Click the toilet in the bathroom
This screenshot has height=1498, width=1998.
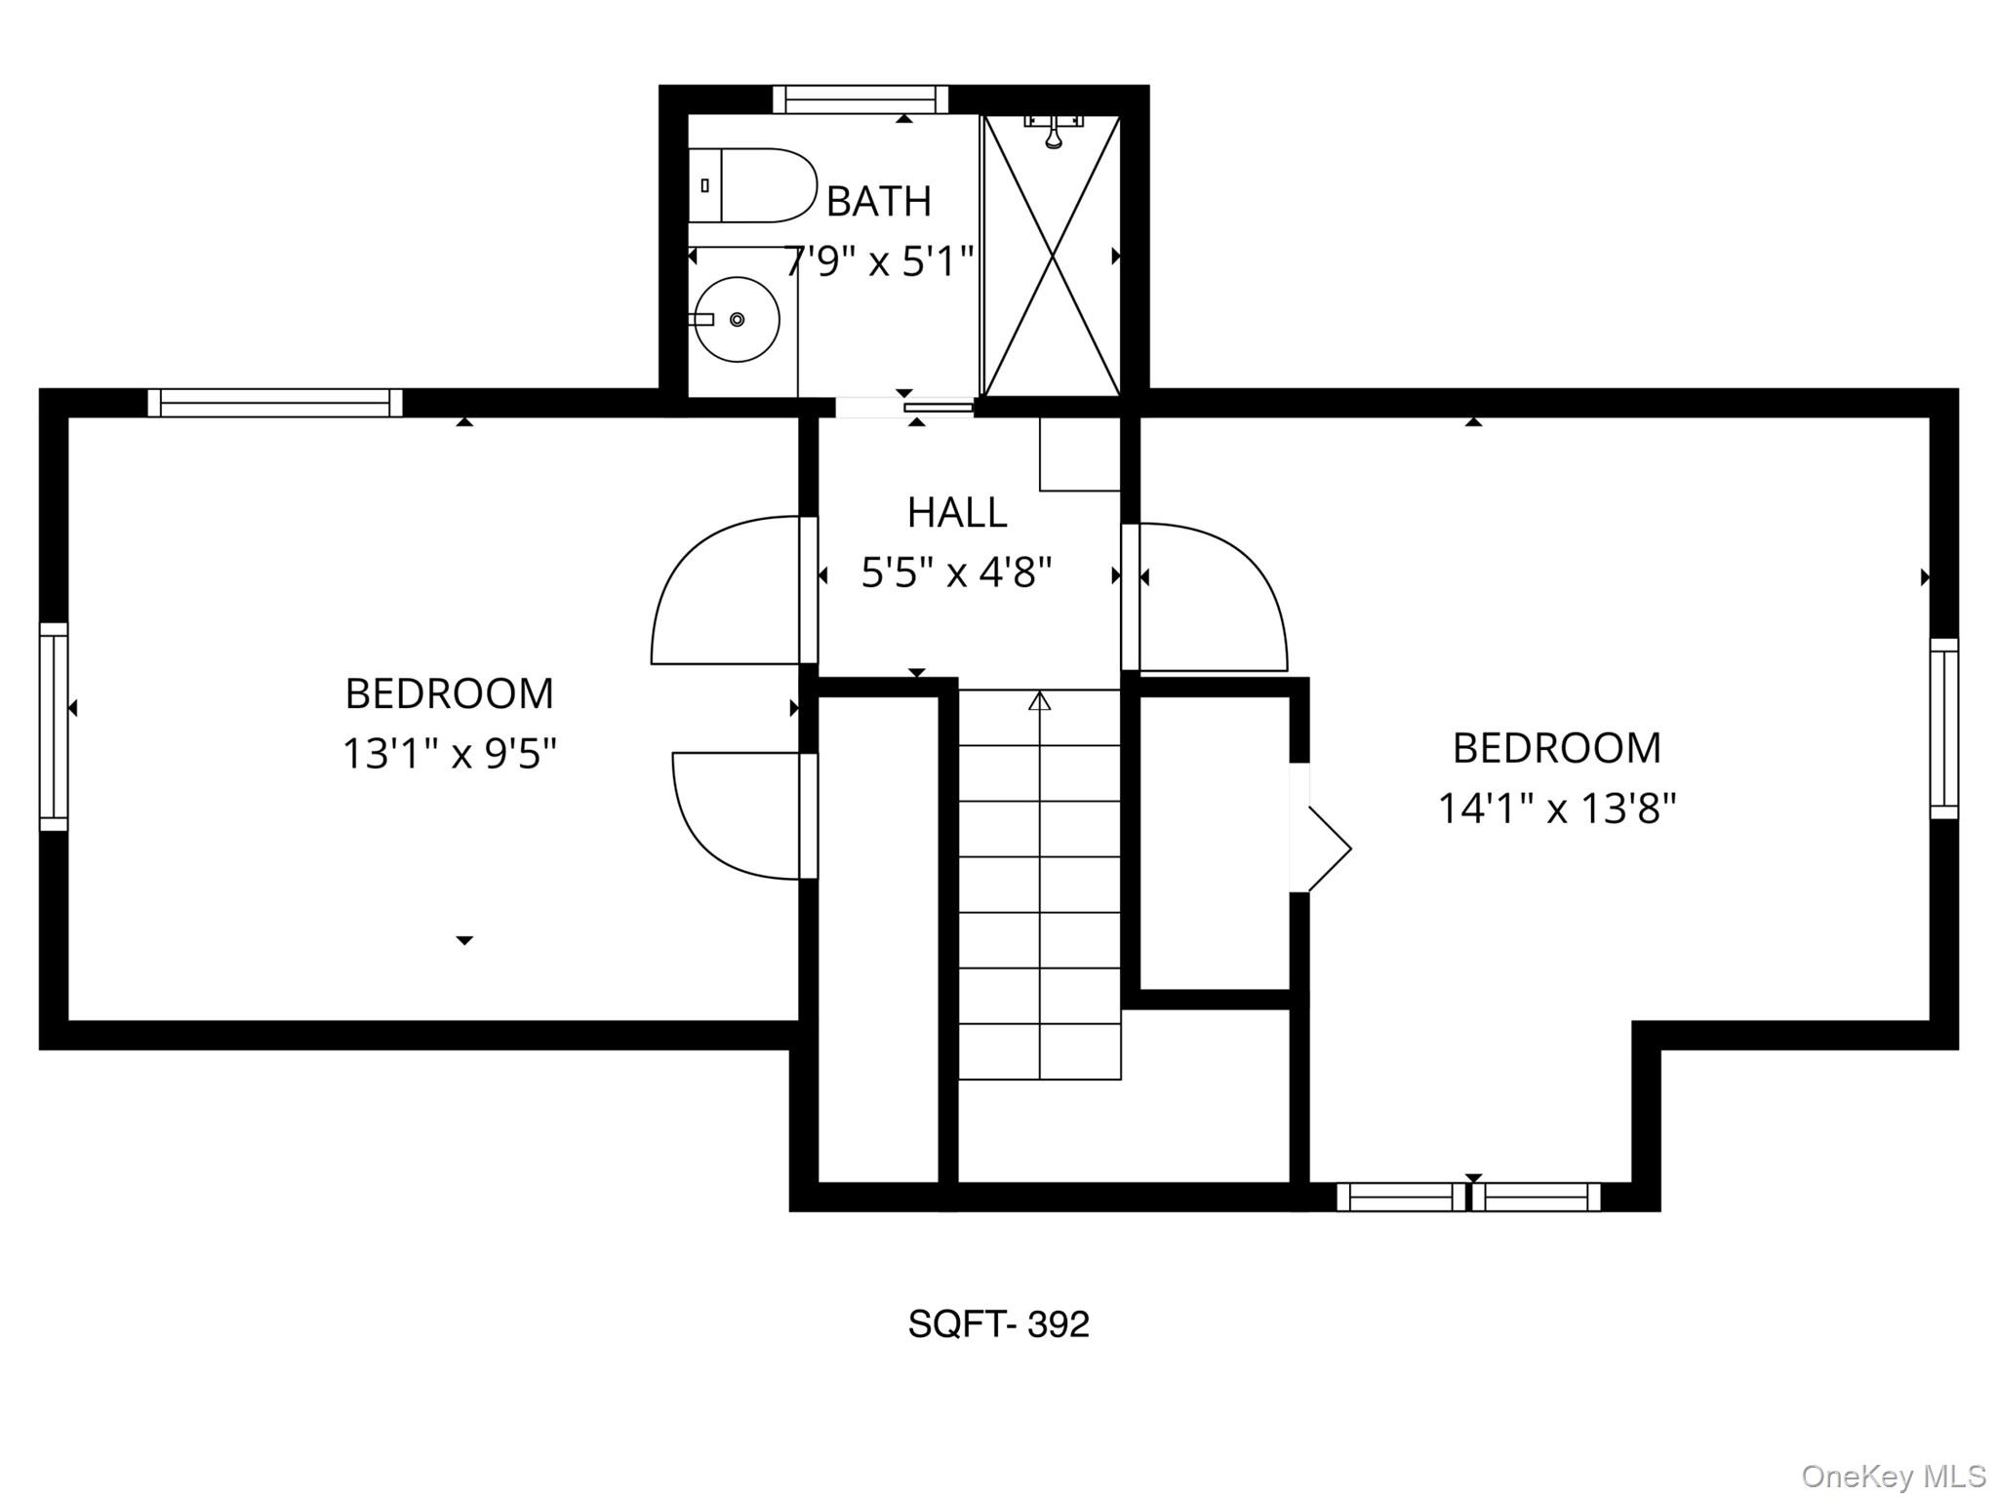point(752,185)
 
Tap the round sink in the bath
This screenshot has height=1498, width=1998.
point(737,319)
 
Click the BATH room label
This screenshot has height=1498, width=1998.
point(879,202)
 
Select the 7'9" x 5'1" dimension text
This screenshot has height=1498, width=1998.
point(879,261)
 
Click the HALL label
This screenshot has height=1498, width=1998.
point(957,513)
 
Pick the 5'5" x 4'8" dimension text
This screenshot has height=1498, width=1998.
point(957,572)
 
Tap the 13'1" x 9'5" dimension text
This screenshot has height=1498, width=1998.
point(450,754)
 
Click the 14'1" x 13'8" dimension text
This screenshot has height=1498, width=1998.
point(1557,808)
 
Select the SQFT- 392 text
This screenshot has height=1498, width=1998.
point(998,1324)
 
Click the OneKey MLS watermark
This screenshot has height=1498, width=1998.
point(1894,1476)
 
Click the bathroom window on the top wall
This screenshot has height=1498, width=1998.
point(860,100)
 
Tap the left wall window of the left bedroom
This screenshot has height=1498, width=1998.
point(54,727)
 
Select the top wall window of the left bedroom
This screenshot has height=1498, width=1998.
point(275,403)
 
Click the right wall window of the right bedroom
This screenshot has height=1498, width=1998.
point(1944,729)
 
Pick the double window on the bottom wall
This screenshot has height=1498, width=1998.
point(1468,1197)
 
